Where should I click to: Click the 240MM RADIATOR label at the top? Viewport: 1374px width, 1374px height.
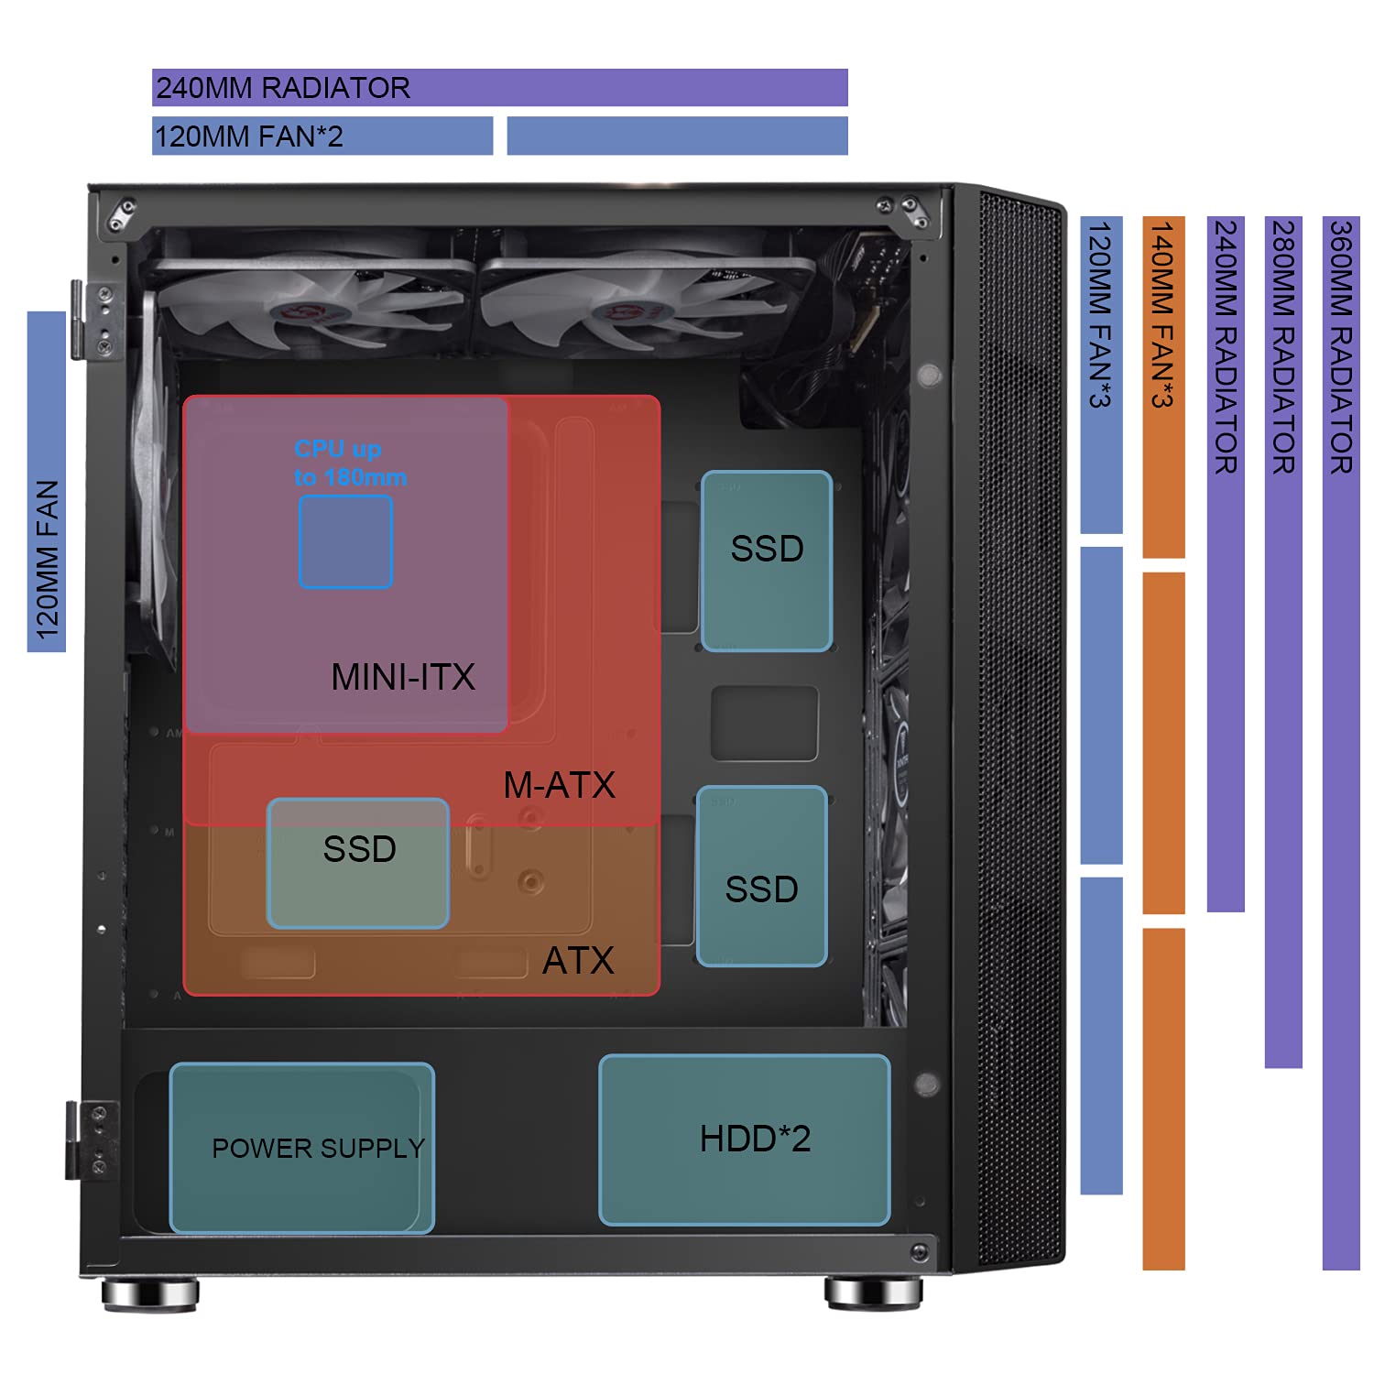coord(283,88)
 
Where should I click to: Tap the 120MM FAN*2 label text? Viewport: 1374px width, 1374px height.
coord(248,136)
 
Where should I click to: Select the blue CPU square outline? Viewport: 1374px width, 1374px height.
coord(345,541)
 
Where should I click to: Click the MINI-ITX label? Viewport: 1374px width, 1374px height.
coord(403,678)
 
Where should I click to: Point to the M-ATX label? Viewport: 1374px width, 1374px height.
coord(559,785)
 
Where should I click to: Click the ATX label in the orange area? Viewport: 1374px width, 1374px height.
coord(578,961)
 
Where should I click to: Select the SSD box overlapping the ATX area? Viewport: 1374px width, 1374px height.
coord(358,863)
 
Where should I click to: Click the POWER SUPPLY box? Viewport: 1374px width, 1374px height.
coord(301,1147)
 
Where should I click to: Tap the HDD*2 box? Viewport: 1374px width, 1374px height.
coord(744,1140)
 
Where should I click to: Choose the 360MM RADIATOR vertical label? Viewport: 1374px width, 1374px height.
coord(1340,347)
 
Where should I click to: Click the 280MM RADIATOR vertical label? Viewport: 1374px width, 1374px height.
coord(1283,347)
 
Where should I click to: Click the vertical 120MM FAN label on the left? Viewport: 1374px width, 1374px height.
coord(47,560)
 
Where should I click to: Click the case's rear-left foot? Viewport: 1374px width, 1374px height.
coord(149,1294)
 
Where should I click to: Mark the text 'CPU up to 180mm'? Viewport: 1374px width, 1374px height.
coord(350,463)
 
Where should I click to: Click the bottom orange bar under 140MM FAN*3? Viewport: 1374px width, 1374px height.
coord(1163,1098)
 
